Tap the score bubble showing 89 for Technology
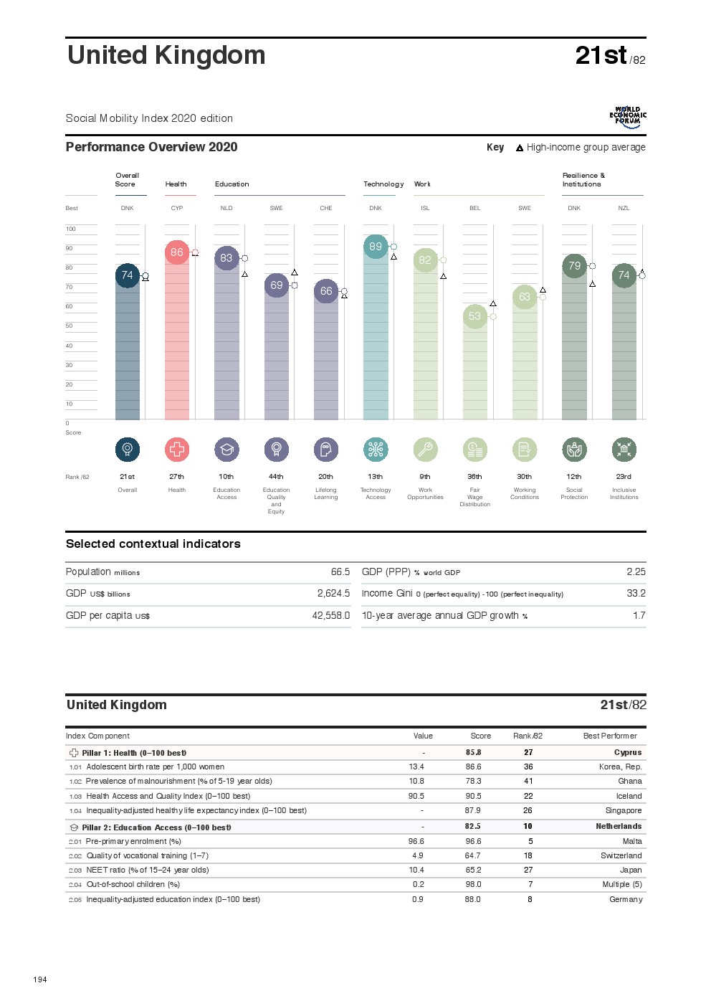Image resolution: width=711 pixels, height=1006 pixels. (376, 247)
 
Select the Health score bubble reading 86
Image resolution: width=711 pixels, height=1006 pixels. (177, 252)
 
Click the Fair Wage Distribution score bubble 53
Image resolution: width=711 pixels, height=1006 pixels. (474, 316)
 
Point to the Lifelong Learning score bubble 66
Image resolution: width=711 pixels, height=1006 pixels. (326, 291)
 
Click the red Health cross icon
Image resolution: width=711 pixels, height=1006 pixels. (177, 450)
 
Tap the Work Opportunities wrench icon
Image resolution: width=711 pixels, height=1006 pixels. (425, 450)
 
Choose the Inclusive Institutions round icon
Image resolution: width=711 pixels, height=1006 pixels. (624, 450)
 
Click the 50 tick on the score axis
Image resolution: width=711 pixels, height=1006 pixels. (70, 326)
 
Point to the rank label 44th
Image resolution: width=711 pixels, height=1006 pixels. (276, 477)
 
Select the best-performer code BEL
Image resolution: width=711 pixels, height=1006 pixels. (474, 209)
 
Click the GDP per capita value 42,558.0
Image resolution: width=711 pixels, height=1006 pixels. (331, 616)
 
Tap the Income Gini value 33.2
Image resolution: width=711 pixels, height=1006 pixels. (636, 594)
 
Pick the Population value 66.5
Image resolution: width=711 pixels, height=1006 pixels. (340, 572)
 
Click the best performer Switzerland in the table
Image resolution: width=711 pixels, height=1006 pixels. (621, 856)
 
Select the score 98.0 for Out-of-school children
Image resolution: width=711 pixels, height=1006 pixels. (473, 885)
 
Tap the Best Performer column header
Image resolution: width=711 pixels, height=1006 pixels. (610, 736)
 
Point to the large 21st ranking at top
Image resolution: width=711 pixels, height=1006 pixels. (601, 56)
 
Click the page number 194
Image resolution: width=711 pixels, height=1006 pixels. (40, 979)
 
